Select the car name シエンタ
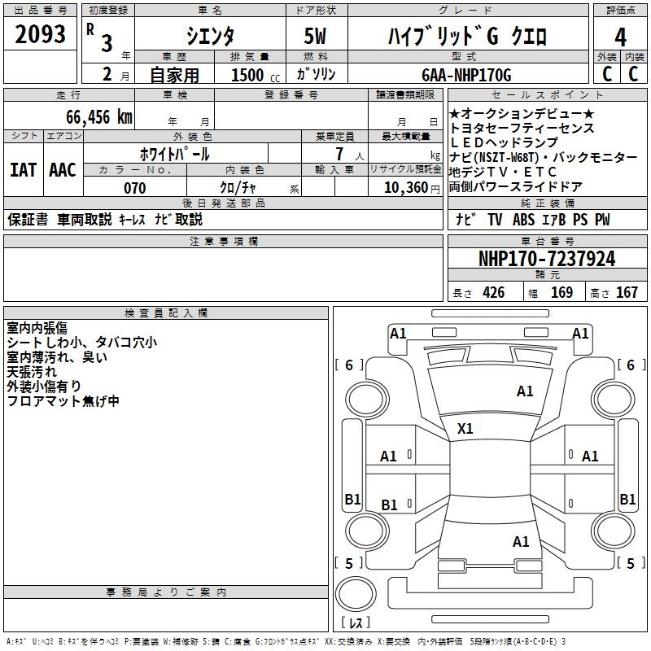[211, 37]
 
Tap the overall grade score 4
[621, 37]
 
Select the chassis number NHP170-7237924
[547, 259]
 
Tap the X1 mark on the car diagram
[465, 428]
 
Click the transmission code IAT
[23, 170]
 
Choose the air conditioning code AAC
[63, 170]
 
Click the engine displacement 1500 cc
[252, 75]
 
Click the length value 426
[493, 293]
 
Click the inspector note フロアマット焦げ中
[63, 401]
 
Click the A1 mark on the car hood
[525, 391]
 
